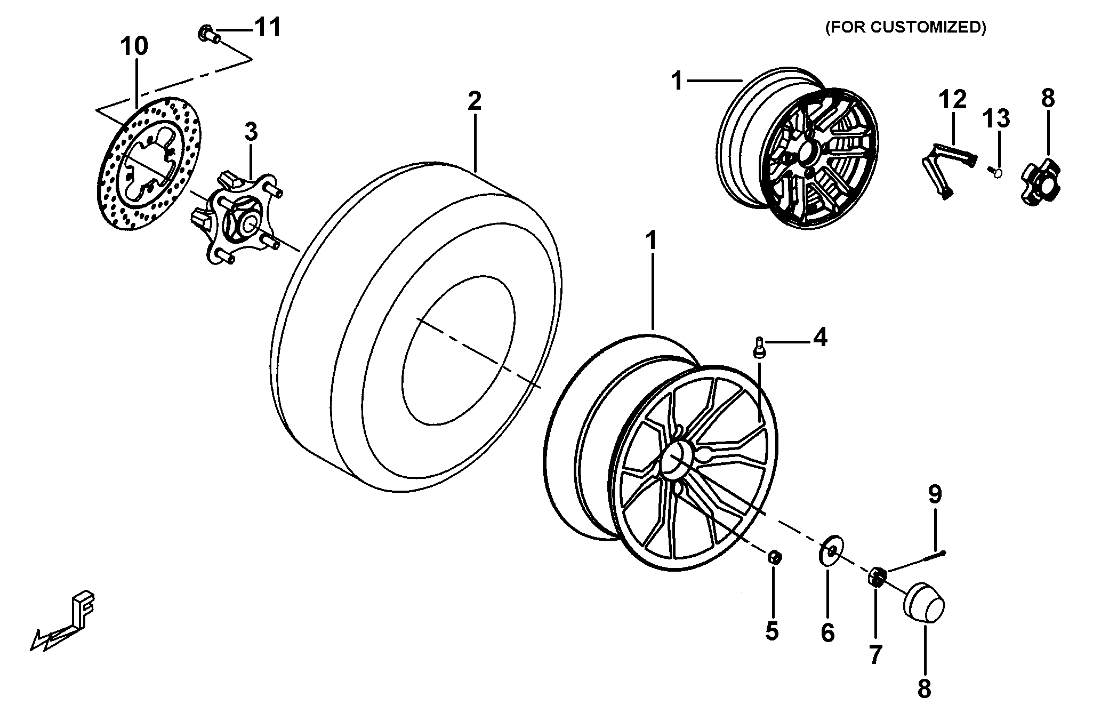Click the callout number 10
click(134, 47)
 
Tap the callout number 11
click(267, 27)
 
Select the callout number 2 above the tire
click(475, 100)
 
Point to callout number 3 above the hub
click(251, 131)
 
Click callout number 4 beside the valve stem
click(819, 338)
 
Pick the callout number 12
click(953, 100)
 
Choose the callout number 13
click(996, 118)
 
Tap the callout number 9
click(935, 495)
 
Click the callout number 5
click(771, 631)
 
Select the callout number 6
click(827, 633)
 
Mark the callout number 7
click(875, 655)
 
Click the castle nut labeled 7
click(877, 576)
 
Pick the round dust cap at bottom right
click(924, 603)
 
